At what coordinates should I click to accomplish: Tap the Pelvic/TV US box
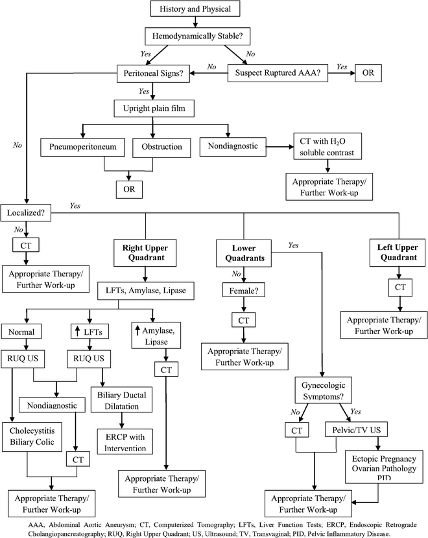pyautogui.click(x=351, y=429)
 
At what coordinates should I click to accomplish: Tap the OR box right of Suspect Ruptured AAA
pyautogui.click(x=368, y=73)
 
